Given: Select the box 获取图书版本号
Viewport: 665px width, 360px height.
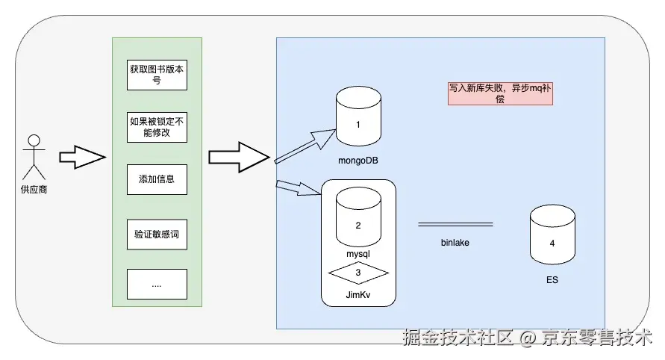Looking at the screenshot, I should click(x=157, y=75).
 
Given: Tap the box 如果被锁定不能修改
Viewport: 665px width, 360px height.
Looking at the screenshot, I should click(x=157, y=127).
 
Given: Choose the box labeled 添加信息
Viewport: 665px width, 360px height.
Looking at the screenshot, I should click(x=157, y=179).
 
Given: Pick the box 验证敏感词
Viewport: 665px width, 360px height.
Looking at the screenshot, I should click(x=157, y=234).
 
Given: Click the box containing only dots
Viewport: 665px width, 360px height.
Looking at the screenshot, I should click(x=157, y=284).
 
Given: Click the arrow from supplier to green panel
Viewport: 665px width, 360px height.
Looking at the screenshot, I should click(x=81, y=157).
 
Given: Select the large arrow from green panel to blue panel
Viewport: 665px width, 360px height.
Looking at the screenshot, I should click(x=237, y=157).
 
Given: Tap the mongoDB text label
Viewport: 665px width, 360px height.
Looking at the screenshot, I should click(x=358, y=160).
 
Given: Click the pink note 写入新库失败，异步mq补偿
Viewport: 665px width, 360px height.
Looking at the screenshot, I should click(x=499, y=93).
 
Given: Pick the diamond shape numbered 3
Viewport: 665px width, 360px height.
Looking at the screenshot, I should click(x=358, y=273).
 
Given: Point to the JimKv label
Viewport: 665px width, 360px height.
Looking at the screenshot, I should click(x=358, y=296).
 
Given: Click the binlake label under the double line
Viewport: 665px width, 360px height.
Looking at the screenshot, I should click(x=455, y=242).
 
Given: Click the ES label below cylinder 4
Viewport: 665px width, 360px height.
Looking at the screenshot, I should click(x=552, y=280).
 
